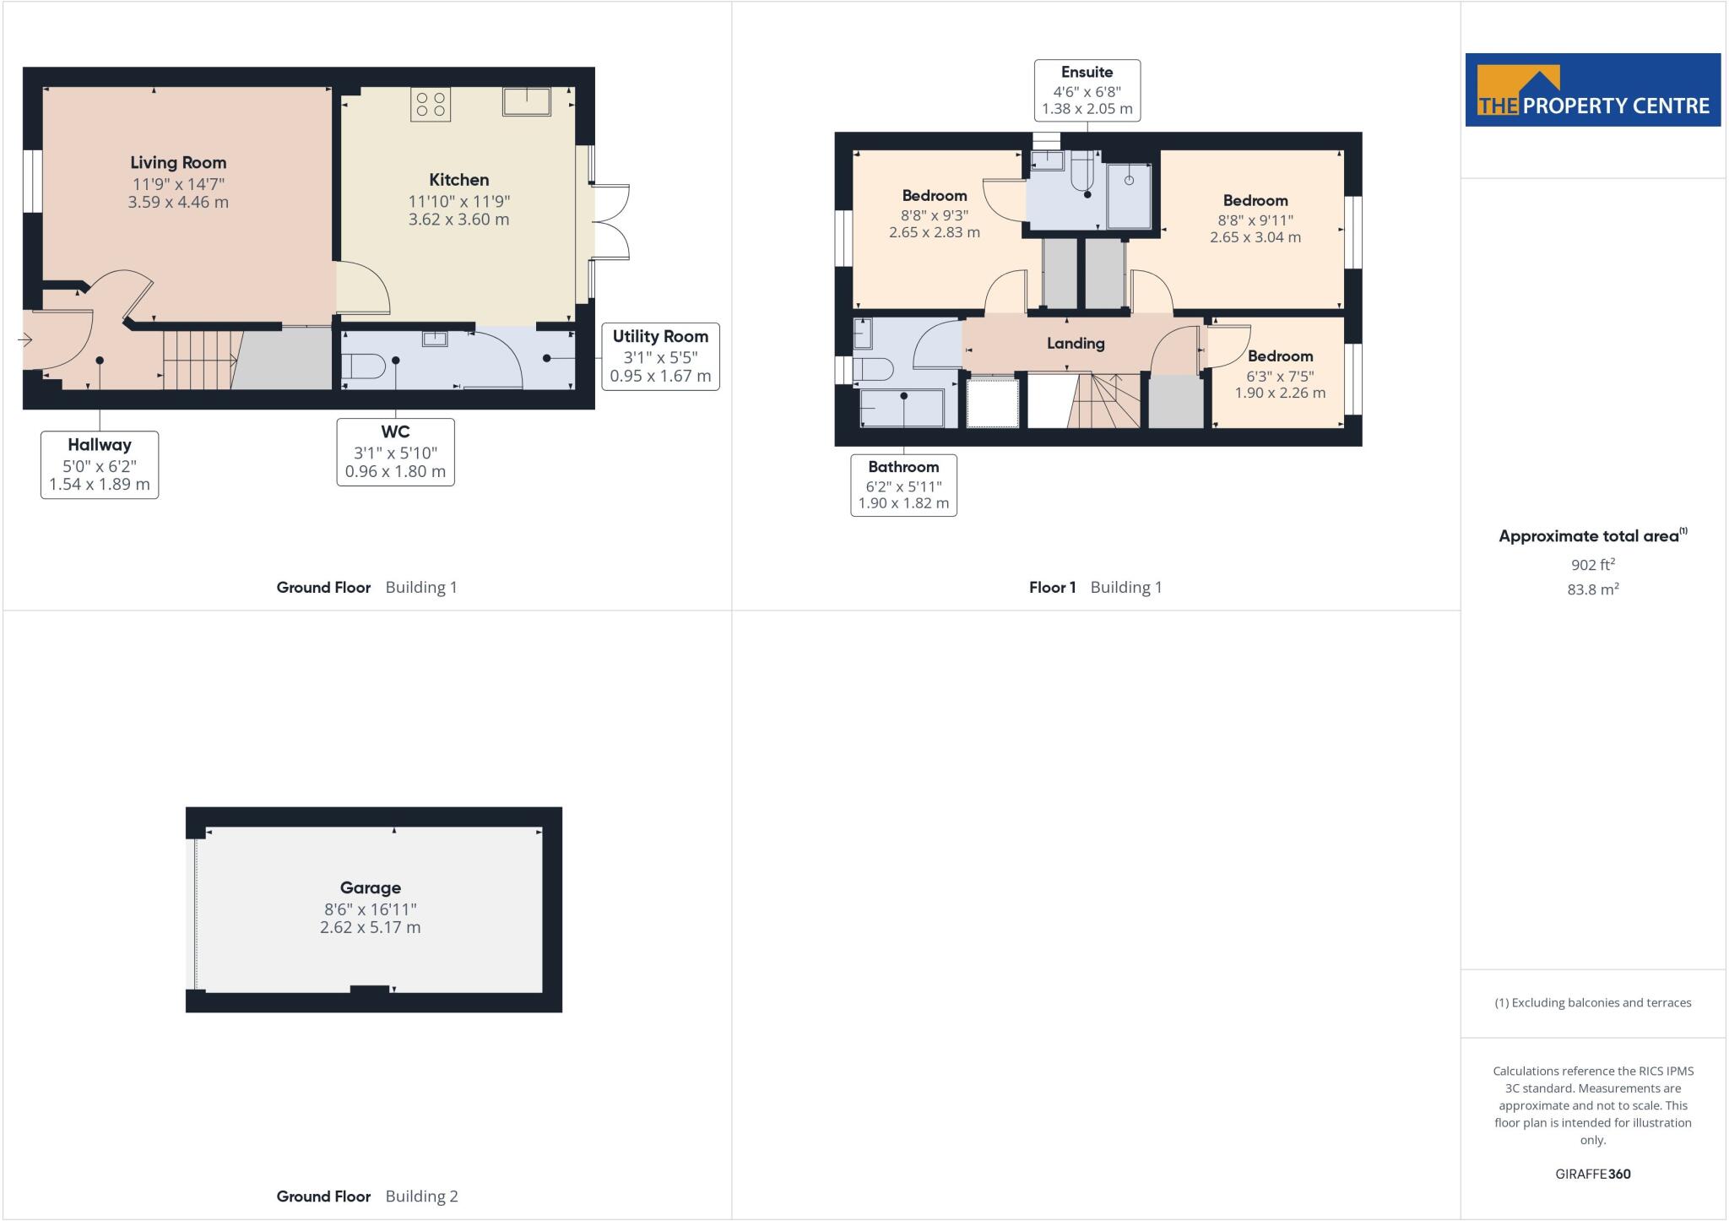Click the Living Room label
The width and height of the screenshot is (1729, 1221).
pos(178,163)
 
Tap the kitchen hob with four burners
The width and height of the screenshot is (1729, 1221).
pos(431,105)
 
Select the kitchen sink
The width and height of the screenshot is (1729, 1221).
pos(526,102)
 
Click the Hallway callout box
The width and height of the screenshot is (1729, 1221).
pos(100,464)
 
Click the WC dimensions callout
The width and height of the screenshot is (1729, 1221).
pos(395,452)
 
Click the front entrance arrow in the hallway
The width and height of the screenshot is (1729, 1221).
pos(24,340)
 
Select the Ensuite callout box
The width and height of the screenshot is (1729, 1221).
pos(1087,90)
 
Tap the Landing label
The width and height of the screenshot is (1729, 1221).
pos(1076,344)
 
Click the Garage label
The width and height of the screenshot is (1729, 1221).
pos(370,887)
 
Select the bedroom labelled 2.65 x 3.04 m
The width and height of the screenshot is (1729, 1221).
pos(1255,219)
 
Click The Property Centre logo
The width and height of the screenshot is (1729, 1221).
pos(1592,90)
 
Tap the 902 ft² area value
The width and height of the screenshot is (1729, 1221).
pos(1592,565)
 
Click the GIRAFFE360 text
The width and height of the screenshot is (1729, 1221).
pos(1592,1174)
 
